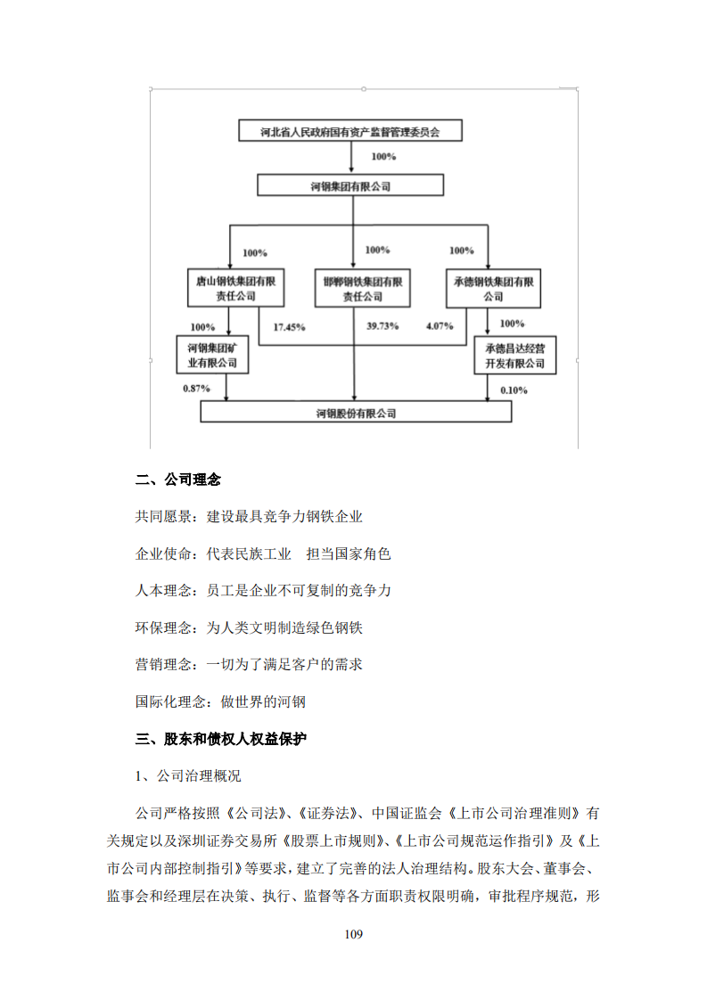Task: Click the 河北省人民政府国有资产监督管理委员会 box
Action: tap(350, 132)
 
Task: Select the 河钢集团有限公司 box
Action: tap(350, 185)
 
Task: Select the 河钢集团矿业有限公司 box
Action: tap(212, 354)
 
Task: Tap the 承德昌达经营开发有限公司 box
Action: tap(514, 355)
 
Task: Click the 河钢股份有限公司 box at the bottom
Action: tap(357, 412)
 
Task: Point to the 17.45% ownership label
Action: tap(289, 327)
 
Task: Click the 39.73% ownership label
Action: tap(383, 326)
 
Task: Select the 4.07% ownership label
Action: tap(441, 326)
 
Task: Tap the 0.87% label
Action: tap(196, 389)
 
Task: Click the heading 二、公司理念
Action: tap(178, 480)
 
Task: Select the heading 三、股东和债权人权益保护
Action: tap(221, 738)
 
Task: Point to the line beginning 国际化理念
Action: tap(220, 701)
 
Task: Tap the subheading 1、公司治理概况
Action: tap(187, 775)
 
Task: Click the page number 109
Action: tap(353, 934)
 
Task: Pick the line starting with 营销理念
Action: tap(249, 664)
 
